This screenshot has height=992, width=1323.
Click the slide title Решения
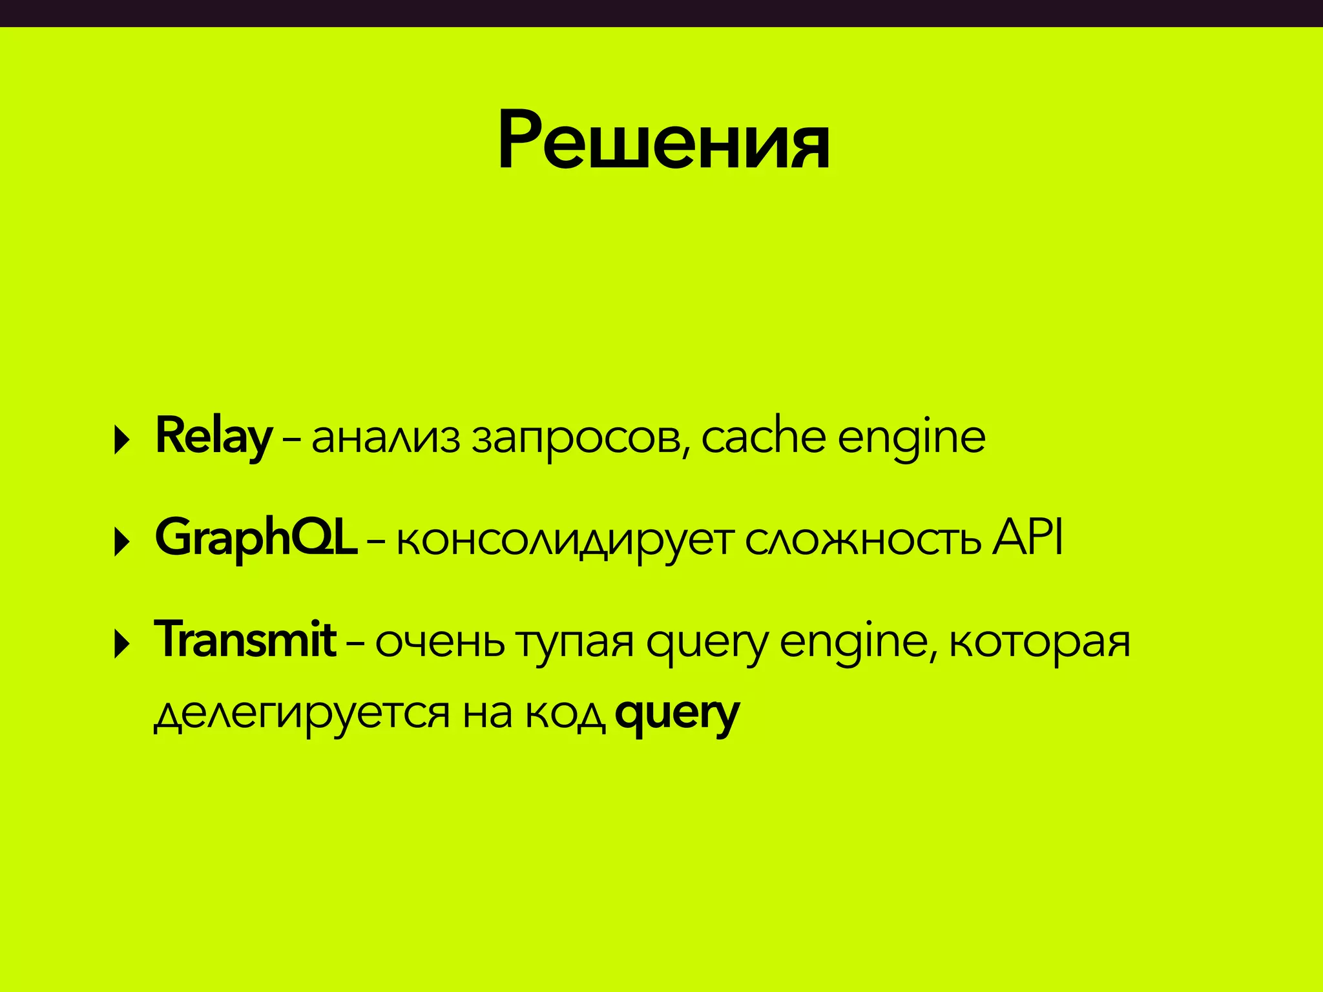pyautogui.click(x=663, y=141)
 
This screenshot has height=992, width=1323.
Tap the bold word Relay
pyautogui.click(x=213, y=437)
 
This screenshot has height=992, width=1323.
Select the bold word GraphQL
pyautogui.click(x=256, y=539)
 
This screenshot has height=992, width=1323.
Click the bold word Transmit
pyautogui.click(x=245, y=640)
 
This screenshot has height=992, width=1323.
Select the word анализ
pyautogui.click(x=386, y=439)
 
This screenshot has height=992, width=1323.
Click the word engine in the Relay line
pyautogui.click(x=911, y=440)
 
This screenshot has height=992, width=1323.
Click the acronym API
pyautogui.click(x=1027, y=537)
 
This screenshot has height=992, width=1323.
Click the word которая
pyautogui.click(x=1039, y=642)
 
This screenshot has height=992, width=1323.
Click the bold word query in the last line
pyautogui.click(x=676, y=715)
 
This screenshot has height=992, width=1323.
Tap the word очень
pyautogui.click(x=439, y=642)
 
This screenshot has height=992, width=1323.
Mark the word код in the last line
pyautogui.click(x=565, y=714)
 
